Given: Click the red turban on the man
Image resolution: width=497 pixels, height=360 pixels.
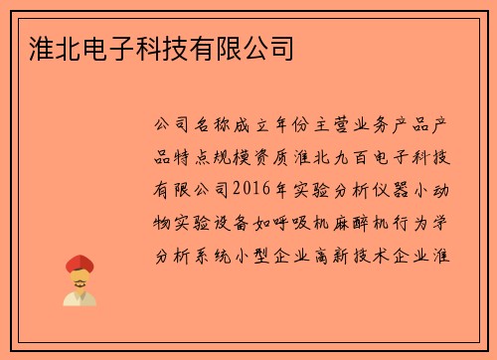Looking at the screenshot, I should click(x=80, y=264).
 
